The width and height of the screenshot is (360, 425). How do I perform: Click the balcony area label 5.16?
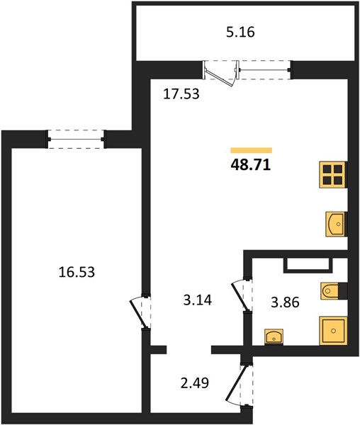pyautogui.click(x=240, y=32)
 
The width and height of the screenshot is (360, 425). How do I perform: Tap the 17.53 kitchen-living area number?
pyautogui.click(x=181, y=94)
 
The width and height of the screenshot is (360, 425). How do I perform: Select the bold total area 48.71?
pyautogui.click(x=251, y=164)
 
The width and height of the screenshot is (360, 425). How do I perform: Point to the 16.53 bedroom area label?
pyautogui.click(x=77, y=272)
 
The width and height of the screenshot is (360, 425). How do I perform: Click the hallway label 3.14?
pyautogui.click(x=198, y=300)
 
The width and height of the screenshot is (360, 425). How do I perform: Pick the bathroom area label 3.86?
pyautogui.click(x=285, y=302)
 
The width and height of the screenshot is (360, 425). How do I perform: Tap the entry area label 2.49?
pyautogui.click(x=195, y=383)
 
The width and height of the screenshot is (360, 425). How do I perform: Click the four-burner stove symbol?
pyautogui.click(x=332, y=174)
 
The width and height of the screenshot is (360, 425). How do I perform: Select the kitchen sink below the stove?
pyautogui.click(x=336, y=224)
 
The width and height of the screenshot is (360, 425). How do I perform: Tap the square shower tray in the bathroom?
pyautogui.click(x=333, y=331)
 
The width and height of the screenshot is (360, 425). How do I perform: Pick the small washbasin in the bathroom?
pyautogui.click(x=274, y=337)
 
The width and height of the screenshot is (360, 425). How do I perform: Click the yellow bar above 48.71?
pyautogui.click(x=252, y=150)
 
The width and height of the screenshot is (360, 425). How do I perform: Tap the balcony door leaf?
pyautogui.click(x=219, y=76)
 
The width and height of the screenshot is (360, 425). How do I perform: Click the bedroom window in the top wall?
pyautogui.click(x=76, y=140)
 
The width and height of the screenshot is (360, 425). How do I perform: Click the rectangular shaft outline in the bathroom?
pyautogui.click(x=308, y=266)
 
